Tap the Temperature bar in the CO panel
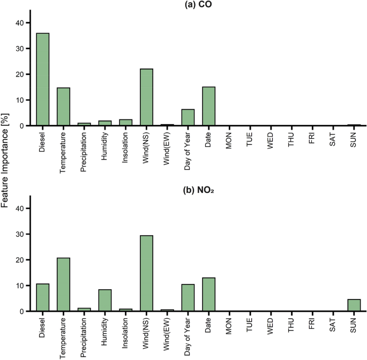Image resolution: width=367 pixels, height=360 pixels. coord(63,107)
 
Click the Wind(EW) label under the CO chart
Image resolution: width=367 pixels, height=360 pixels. coord(168,144)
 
